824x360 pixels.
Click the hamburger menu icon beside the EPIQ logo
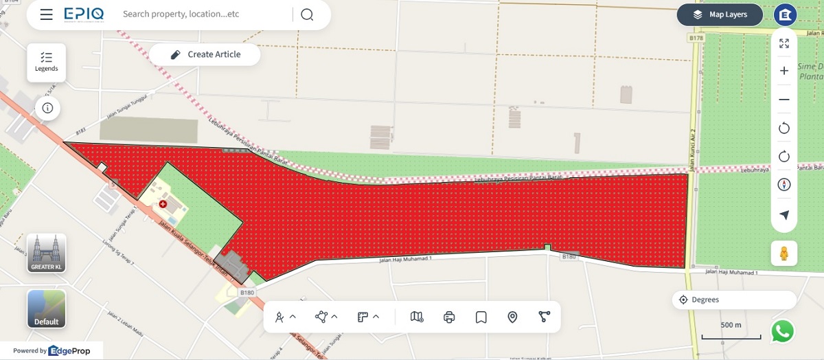tap(46, 14)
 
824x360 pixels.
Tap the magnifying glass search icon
tap(307, 14)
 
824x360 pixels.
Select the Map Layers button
tap(720, 14)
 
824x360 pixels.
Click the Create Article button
tap(205, 54)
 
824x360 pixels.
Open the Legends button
tap(47, 62)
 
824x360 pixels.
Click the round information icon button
tap(47, 108)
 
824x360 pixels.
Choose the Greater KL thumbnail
tap(47, 252)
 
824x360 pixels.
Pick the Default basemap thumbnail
tap(47, 308)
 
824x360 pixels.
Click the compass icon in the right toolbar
tap(784, 185)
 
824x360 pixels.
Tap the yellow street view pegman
tap(784, 253)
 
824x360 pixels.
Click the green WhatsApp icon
tap(783, 331)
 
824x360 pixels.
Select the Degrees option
tap(735, 300)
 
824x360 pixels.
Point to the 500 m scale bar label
tap(731, 325)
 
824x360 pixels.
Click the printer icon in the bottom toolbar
tap(449, 317)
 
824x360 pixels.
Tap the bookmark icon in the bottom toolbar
tap(481, 317)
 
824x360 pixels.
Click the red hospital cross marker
tap(163, 204)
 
